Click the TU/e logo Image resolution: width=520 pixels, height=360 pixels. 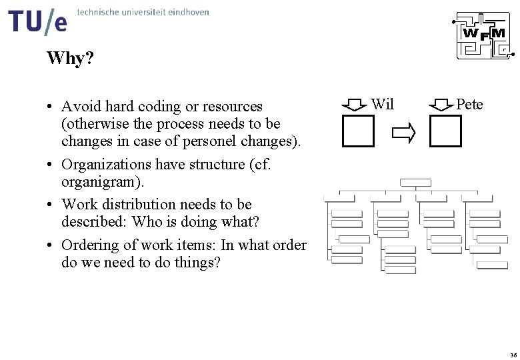[39, 22]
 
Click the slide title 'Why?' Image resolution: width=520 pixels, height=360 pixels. [70, 59]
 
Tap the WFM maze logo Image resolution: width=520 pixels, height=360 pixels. [482, 37]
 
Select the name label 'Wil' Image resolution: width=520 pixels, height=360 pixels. [383, 104]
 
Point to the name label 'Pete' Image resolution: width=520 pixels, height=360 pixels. [469, 104]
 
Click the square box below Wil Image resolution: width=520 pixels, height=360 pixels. [358, 131]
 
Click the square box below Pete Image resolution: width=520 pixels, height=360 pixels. [445, 131]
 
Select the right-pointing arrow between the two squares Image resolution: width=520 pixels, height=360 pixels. [403, 133]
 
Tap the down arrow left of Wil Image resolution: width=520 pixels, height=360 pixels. [353, 105]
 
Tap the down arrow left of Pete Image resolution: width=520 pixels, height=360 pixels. [440, 105]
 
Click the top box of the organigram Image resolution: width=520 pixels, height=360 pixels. [415, 182]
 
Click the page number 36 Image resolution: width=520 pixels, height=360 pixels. [512, 354]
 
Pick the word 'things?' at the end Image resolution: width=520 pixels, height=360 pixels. [197, 263]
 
